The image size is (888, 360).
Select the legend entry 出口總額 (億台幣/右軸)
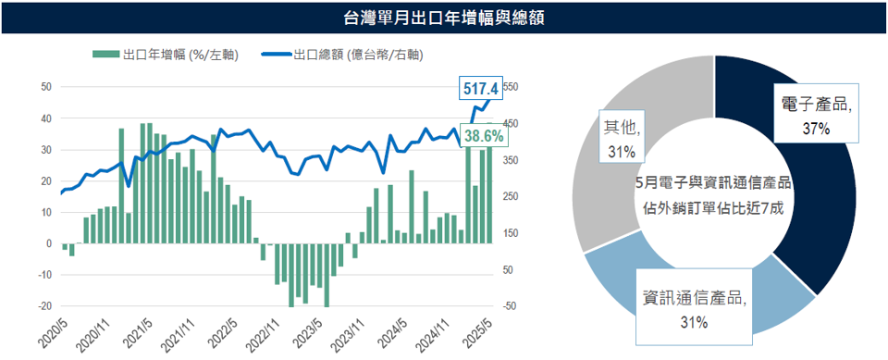[342, 55]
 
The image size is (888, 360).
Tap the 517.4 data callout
[481, 89]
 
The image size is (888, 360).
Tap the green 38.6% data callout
[484, 136]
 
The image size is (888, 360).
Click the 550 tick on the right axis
[511, 87]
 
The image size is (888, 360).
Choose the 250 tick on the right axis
[511, 196]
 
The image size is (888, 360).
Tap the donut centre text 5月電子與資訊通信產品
[713, 181]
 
